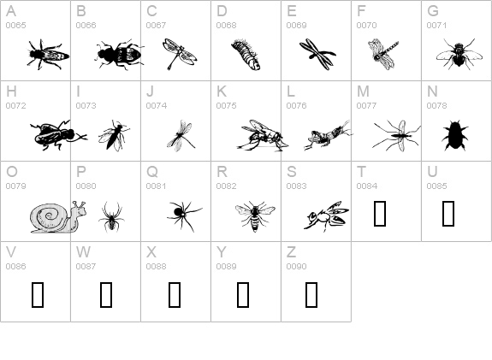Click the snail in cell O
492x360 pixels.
(58, 217)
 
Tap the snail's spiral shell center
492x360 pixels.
(49, 215)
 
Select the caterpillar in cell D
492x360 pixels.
(246, 55)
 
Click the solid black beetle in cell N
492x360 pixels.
(454, 135)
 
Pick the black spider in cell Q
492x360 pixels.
(185, 215)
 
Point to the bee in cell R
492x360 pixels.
(255, 216)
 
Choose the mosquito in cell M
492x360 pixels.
(397, 135)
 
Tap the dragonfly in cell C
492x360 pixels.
(180, 54)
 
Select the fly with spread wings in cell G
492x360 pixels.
(459, 54)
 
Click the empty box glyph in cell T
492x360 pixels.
(380, 214)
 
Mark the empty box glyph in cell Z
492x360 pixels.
(311, 294)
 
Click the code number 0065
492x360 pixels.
(15, 26)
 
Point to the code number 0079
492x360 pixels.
(15, 186)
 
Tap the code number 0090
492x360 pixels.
(297, 266)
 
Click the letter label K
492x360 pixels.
(222, 91)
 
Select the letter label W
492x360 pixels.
(83, 251)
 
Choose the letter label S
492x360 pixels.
(292, 172)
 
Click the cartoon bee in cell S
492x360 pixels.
(326, 216)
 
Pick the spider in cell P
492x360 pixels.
(111, 217)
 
